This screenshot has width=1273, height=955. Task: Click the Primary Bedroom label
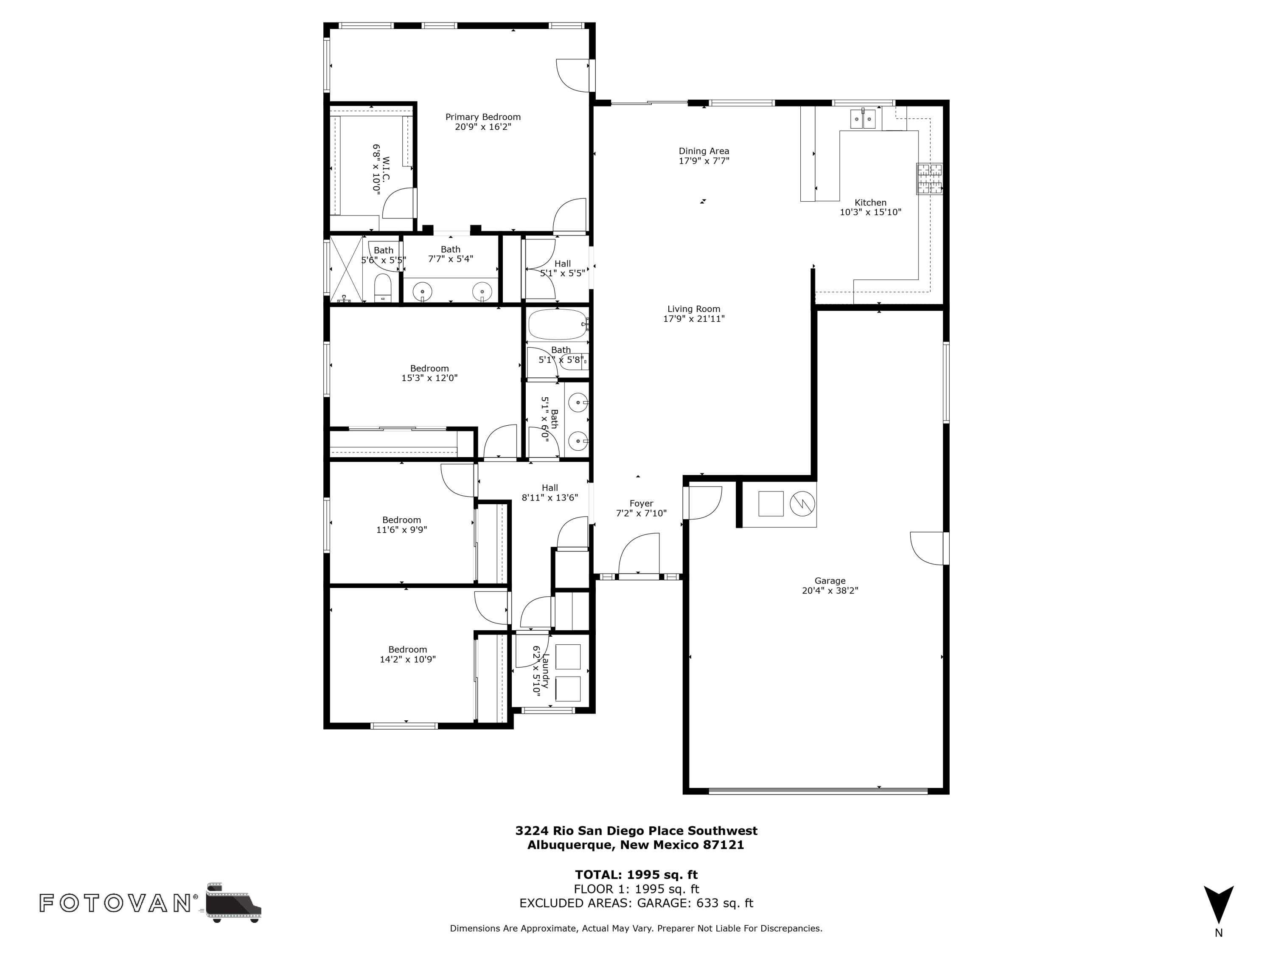point(482,117)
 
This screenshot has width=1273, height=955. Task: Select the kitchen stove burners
point(929,178)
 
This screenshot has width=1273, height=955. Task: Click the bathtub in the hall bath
point(556,325)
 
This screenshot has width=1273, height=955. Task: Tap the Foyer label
point(641,503)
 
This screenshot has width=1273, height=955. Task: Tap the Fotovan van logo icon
point(233,902)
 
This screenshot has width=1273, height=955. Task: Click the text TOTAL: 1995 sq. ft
point(636,874)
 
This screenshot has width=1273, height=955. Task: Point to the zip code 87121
point(723,845)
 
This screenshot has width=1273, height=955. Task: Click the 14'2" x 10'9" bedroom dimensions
point(407,659)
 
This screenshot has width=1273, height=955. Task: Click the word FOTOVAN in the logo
point(115,903)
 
